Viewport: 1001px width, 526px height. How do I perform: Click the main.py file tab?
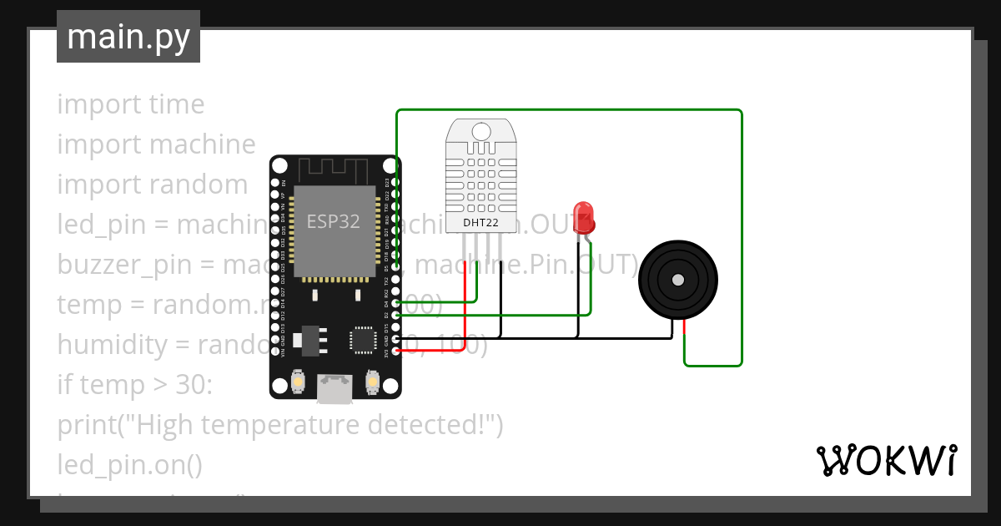[x=128, y=37]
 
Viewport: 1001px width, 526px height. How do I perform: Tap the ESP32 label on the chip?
[x=333, y=221]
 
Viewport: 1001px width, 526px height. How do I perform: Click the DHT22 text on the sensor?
[x=480, y=223]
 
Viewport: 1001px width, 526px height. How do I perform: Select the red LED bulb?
[x=583, y=215]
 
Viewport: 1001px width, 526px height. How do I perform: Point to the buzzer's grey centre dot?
[x=678, y=280]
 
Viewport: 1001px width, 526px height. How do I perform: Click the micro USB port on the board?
[x=335, y=388]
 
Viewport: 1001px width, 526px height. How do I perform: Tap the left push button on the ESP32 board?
[x=298, y=382]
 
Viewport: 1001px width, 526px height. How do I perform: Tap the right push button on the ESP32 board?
[x=372, y=382]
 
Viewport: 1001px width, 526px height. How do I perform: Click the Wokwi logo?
[x=885, y=460]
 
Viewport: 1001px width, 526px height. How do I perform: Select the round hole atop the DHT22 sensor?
[x=480, y=131]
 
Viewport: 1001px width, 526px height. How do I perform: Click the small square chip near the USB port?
[x=363, y=339]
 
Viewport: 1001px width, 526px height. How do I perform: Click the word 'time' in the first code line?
[x=176, y=104]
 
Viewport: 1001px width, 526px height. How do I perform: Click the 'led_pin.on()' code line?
[x=129, y=464]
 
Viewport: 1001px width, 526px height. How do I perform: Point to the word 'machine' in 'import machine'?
[x=203, y=144]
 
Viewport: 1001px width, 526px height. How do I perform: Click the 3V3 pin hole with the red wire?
[x=395, y=352]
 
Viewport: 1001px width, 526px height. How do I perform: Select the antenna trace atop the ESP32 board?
[x=335, y=170]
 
